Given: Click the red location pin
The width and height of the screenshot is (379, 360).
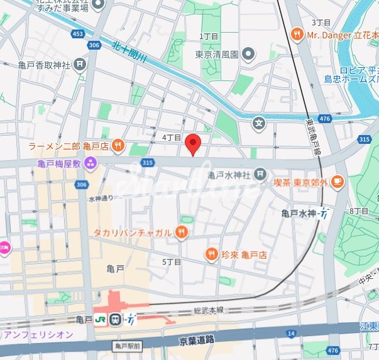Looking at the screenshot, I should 194,144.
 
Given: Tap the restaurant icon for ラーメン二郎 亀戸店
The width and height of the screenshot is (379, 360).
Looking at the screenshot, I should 118,146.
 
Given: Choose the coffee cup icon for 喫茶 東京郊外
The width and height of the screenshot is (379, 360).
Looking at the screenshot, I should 337,182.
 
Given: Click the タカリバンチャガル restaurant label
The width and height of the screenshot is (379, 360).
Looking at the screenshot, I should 132,233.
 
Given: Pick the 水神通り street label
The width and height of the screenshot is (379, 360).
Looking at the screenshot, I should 101,199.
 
